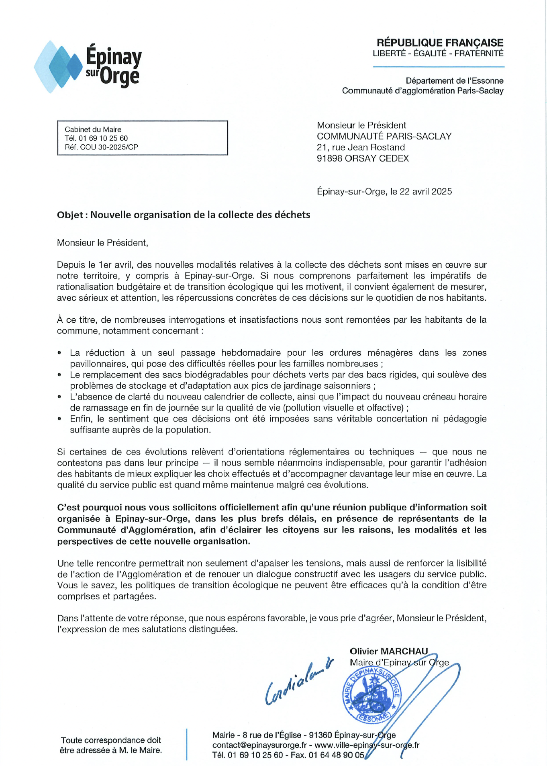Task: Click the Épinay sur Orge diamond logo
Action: [x=58, y=67]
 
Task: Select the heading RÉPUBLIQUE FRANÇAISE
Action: [x=440, y=43]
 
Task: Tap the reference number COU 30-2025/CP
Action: [x=109, y=147]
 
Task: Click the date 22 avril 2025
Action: [x=426, y=191]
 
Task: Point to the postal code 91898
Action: [x=329, y=158]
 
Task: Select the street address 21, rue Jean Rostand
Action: [x=361, y=147]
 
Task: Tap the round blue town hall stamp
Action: [x=371, y=695]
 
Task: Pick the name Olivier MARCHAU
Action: [x=388, y=651]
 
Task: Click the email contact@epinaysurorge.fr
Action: [x=259, y=745]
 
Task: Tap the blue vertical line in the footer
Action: [x=187, y=744]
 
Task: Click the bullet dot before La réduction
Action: [x=59, y=353]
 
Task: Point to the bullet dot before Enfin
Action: [x=59, y=419]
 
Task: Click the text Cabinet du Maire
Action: [x=93, y=129]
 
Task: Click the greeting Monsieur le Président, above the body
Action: [x=102, y=243]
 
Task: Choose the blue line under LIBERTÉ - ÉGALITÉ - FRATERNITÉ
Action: [x=439, y=67]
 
